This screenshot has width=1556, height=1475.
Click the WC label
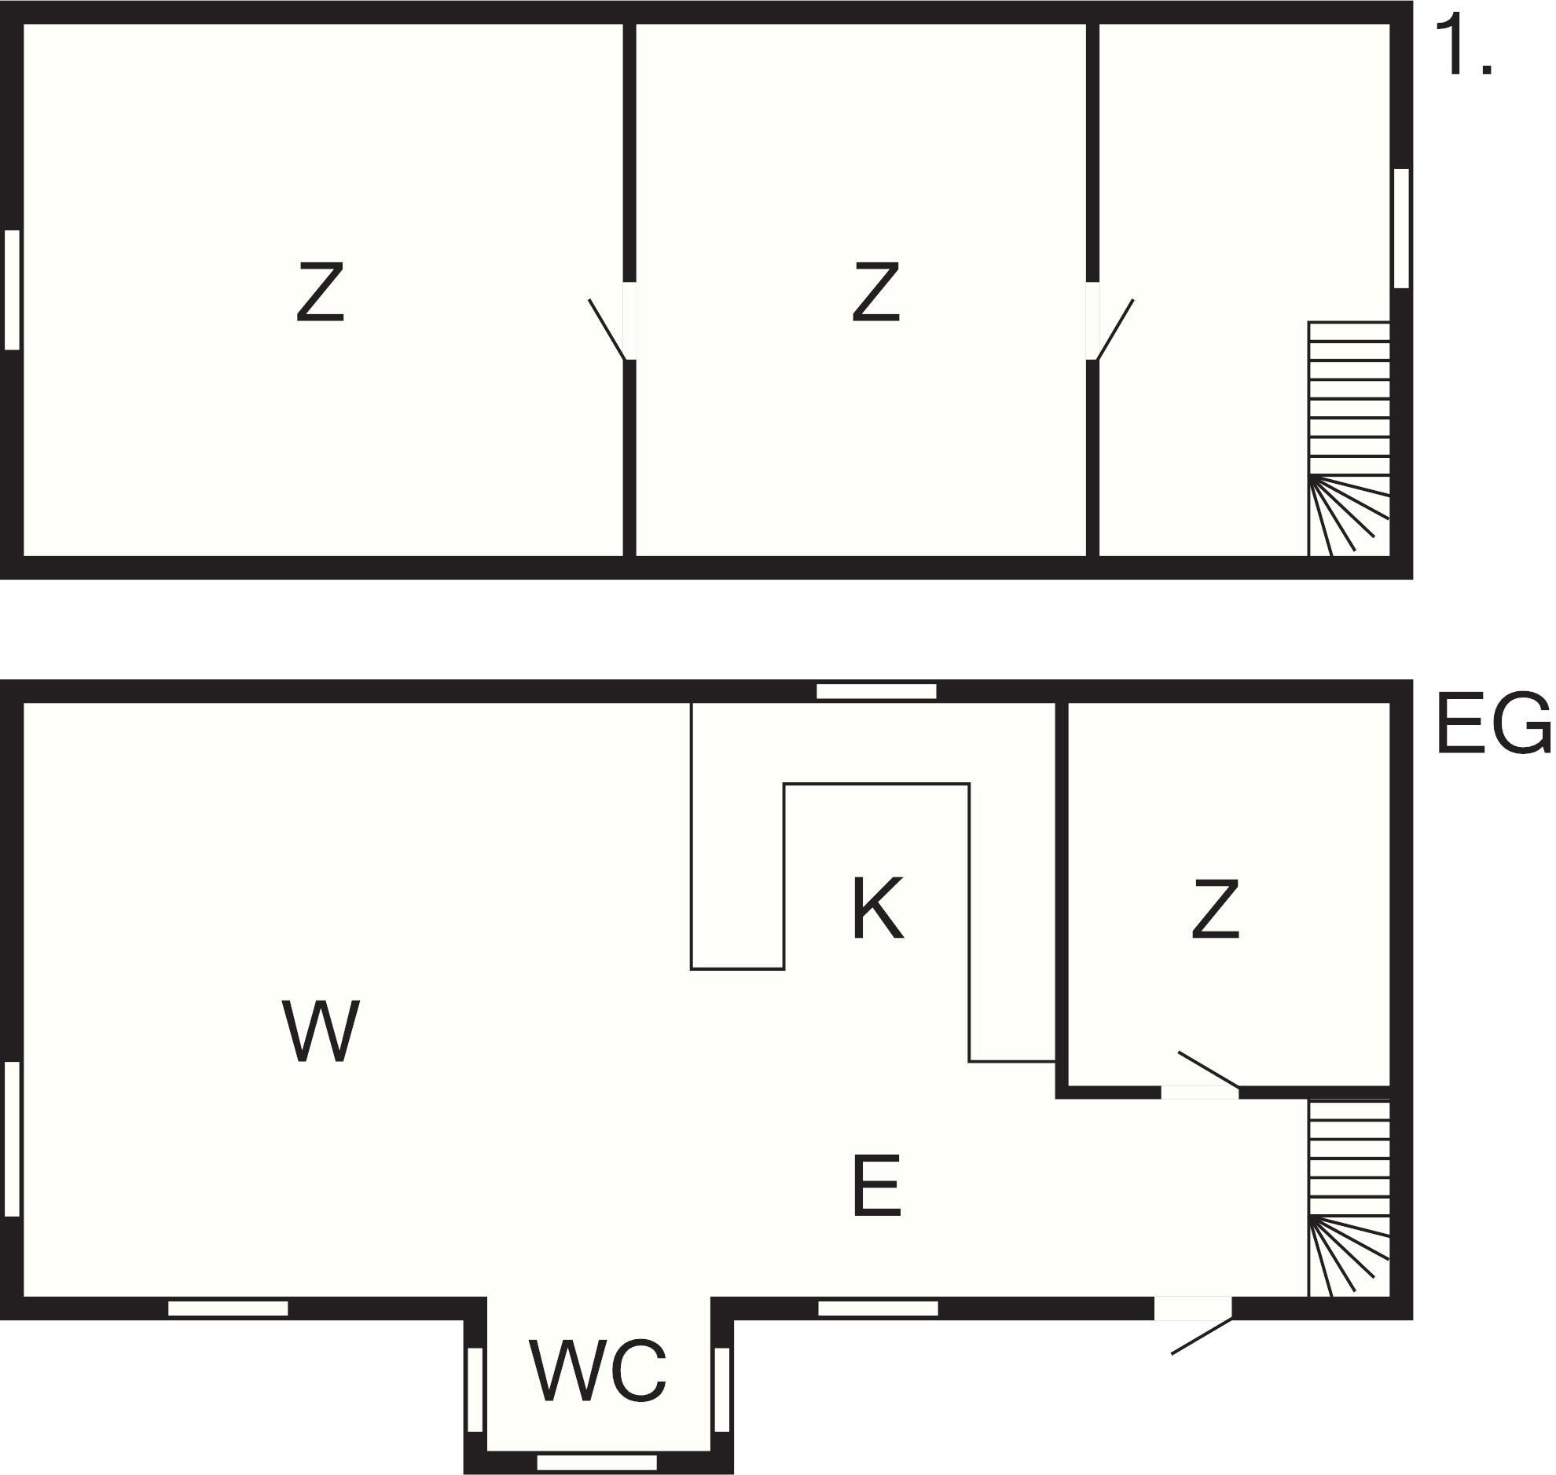click(x=598, y=1371)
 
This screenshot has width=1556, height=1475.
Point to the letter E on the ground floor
click(x=876, y=1185)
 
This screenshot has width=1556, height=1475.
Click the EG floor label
click(x=1492, y=723)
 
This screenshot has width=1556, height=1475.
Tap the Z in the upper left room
click(x=320, y=291)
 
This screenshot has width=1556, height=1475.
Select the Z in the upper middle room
click(x=875, y=291)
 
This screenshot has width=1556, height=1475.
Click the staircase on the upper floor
click(x=1349, y=438)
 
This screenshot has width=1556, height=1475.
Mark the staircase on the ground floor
click(x=1349, y=1198)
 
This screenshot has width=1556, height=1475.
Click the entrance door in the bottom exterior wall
click(x=1193, y=1325)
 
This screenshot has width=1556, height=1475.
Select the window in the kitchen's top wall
click(x=876, y=691)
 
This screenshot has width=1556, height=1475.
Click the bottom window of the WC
click(x=597, y=1462)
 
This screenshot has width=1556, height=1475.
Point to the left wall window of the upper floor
click(x=12, y=289)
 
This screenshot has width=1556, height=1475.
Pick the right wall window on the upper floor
click(x=1401, y=228)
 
